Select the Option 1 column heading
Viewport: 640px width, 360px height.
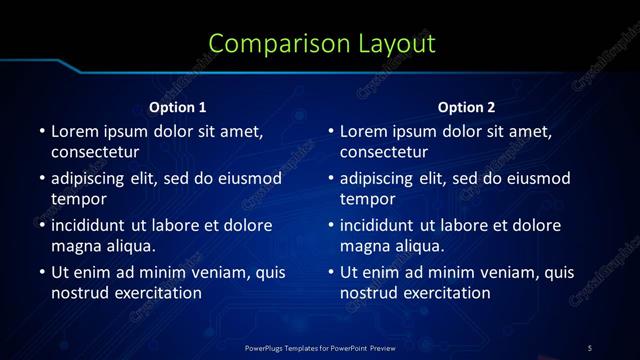click(x=178, y=107)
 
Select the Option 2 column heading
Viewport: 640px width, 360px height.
click(x=467, y=107)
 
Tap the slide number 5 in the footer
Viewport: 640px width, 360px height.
click(x=589, y=347)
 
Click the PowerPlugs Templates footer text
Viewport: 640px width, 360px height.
click(x=320, y=347)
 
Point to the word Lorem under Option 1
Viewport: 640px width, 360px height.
click(x=74, y=131)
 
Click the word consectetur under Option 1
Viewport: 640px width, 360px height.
click(x=94, y=152)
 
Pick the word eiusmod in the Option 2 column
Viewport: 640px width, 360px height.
click(x=534, y=178)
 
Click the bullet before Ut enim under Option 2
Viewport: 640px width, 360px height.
click(x=331, y=272)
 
